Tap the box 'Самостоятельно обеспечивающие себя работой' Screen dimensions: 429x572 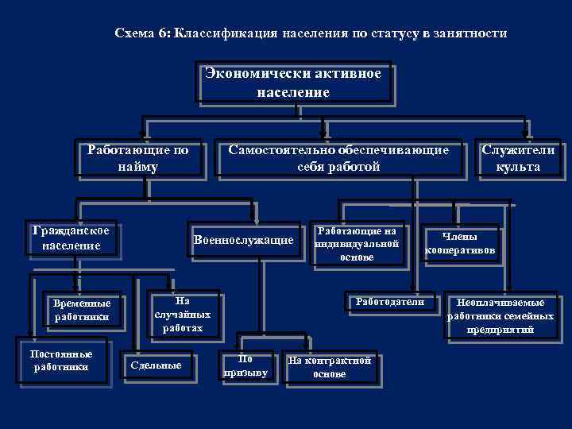point(338,158)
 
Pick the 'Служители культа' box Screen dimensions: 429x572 point(517,158)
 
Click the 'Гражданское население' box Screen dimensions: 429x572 point(72,238)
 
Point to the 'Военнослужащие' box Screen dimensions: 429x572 point(243,240)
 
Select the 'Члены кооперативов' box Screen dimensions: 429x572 point(461,243)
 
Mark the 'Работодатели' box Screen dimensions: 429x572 point(384,303)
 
